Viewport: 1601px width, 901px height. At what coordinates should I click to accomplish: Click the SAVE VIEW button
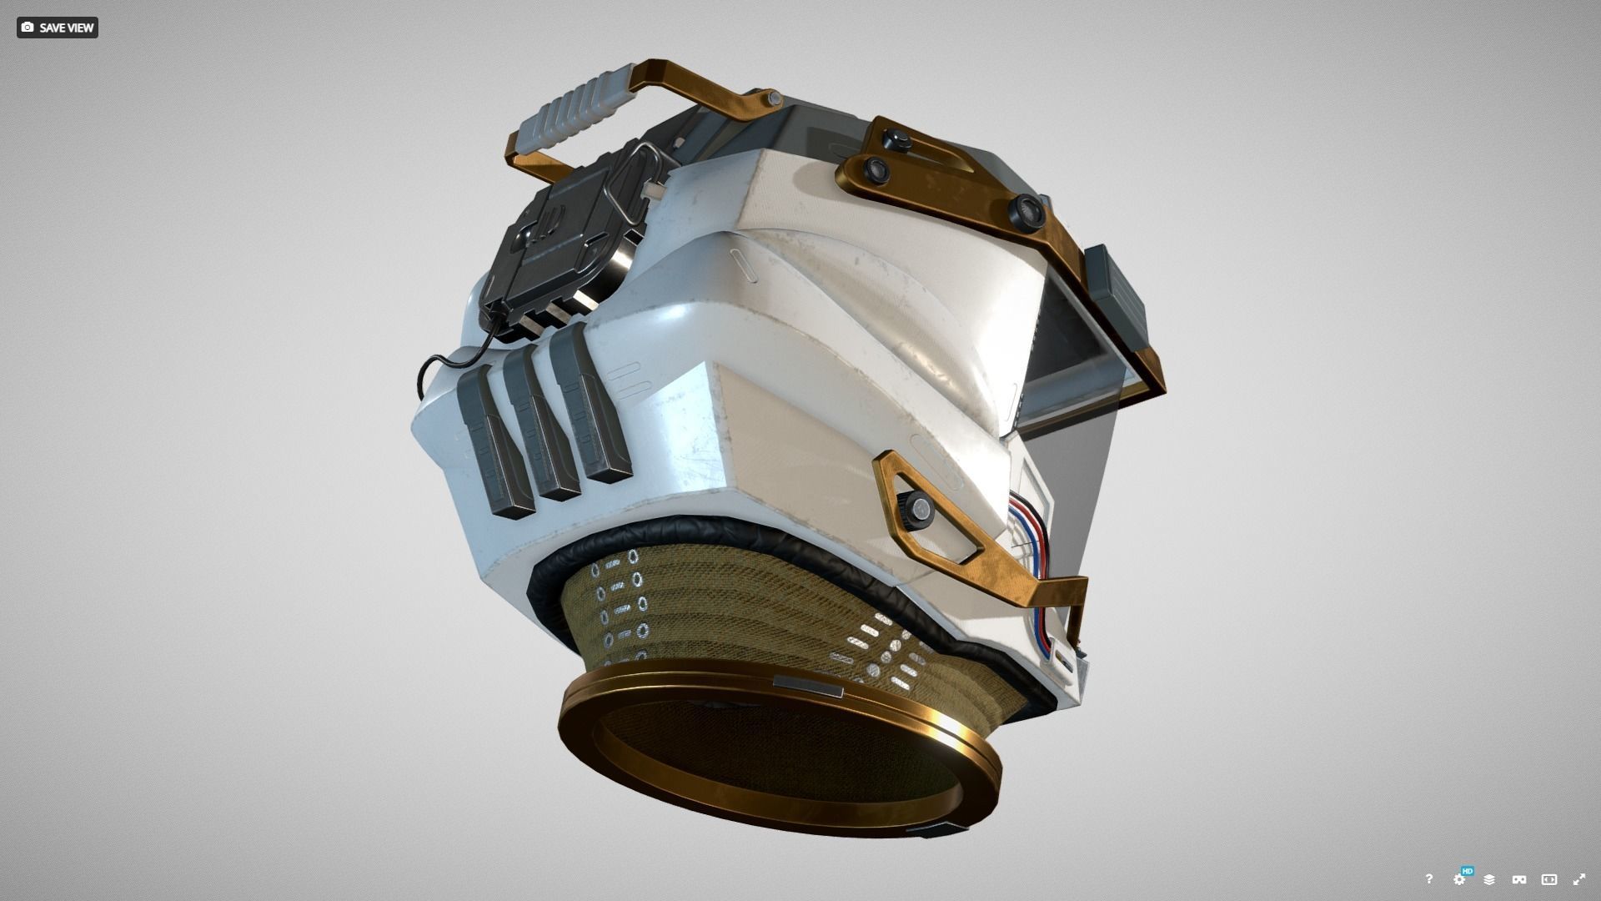tap(57, 28)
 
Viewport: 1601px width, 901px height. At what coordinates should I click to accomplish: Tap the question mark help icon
tap(1428, 879)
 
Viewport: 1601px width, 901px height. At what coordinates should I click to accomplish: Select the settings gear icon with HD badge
tap(1459, 879)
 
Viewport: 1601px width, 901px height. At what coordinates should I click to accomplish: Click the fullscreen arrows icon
tap(1579, 879)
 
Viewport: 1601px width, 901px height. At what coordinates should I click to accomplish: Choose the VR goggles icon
tap(1519, 879)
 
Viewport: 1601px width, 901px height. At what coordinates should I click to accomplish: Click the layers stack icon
tap(1489, 879)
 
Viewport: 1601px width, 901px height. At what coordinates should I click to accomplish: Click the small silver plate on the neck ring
tap(807, 687)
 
